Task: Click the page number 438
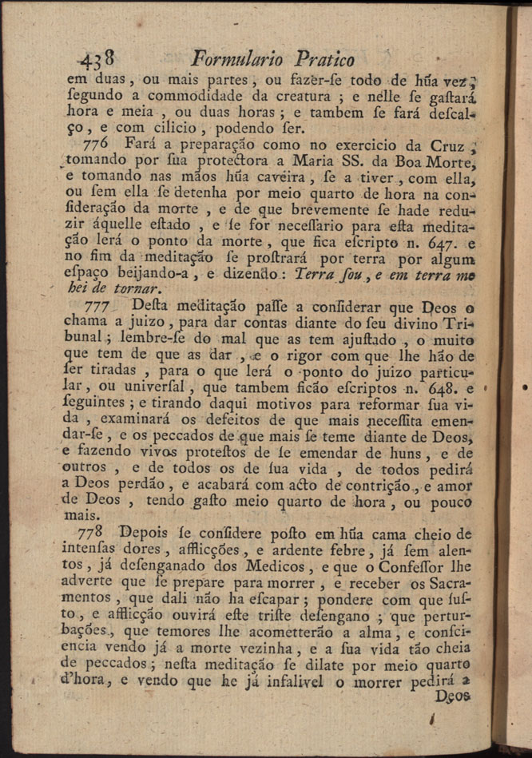pos(98,59)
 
